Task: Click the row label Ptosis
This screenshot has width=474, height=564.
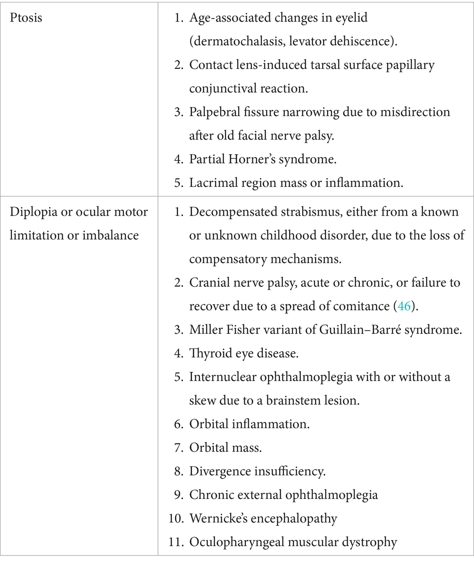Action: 26,19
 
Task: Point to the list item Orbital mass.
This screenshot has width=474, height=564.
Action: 225,447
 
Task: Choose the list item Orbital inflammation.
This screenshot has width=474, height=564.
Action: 249,423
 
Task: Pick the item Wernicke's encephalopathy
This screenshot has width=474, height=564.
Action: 263,518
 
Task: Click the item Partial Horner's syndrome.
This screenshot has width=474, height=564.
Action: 263,159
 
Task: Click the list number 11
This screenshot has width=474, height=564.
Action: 175,542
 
